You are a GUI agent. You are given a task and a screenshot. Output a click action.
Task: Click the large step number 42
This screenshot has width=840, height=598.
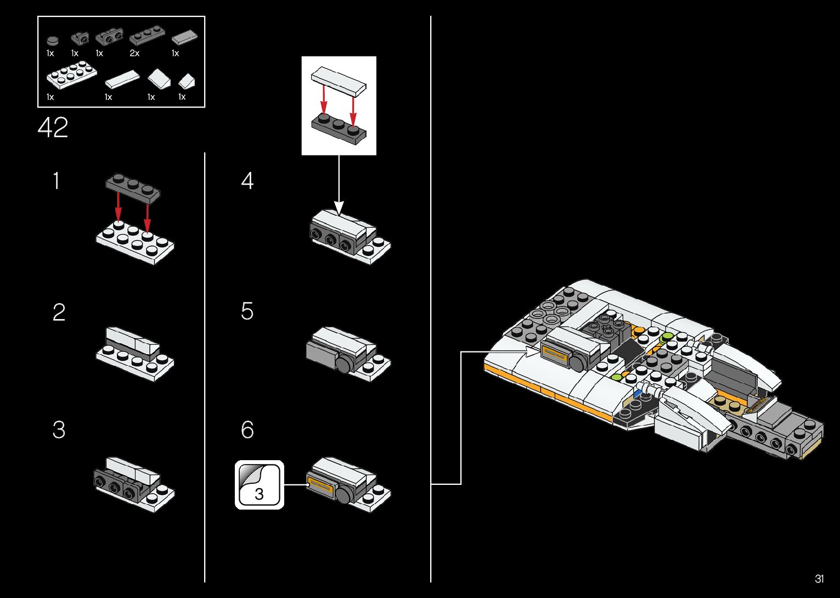pyautogui.click(x=53, y=128)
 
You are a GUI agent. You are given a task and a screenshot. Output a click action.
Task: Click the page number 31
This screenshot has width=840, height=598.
pyautogui.click(x=819, y=579)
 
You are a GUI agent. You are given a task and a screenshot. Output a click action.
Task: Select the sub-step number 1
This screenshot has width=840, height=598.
pyautogui.click(x=56, y=181)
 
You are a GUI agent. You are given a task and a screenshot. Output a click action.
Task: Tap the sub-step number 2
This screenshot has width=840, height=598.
pyautogui.click(x=59, y=312)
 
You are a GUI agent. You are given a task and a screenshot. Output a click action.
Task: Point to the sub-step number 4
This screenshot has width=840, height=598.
pyautogui.click(x=247, y=181)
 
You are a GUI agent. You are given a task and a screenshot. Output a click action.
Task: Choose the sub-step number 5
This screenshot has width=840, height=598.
pyautogui.click(x=247, y=311)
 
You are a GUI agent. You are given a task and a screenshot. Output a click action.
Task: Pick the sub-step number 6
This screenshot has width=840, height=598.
pyautogui.click(x=247, y=429)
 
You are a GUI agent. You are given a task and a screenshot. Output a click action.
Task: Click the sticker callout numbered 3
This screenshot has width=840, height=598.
pyautogui.click(x=260, y=485)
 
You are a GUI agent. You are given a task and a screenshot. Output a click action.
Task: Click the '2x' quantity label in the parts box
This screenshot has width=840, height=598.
pyautogui.click(x=134, y=53)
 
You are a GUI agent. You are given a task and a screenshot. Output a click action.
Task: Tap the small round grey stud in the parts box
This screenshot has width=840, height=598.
pyautogui.click(x=52, y=40)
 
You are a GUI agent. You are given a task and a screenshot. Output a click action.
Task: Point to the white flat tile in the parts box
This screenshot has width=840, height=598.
pyautogui.click(x=123, y=80)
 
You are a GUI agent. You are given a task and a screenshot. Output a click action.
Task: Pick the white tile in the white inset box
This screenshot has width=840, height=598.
pyautogui.click(x=338, y=80)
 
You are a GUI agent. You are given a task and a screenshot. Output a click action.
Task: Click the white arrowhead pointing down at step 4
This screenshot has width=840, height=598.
pyautogui.click(x=339, y=208)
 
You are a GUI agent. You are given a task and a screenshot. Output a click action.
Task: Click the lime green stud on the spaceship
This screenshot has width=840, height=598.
pyautogui.click(x=667, y=336)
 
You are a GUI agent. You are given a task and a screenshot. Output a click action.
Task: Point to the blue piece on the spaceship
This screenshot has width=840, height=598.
pyautogui.click(x=638, y=394)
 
